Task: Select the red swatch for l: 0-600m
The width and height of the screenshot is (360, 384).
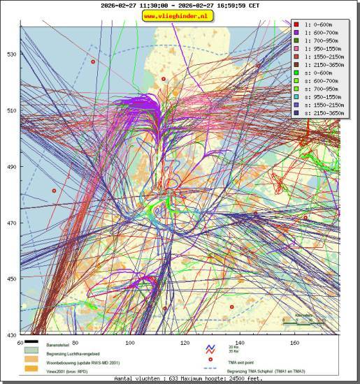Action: [297, 24]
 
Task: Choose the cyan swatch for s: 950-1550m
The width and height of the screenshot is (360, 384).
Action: [297, 95]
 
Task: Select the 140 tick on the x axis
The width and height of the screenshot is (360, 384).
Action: [240, 343]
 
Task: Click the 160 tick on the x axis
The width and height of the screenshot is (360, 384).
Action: [295, 343]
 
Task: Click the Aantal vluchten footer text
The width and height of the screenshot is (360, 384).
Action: [188, 378]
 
